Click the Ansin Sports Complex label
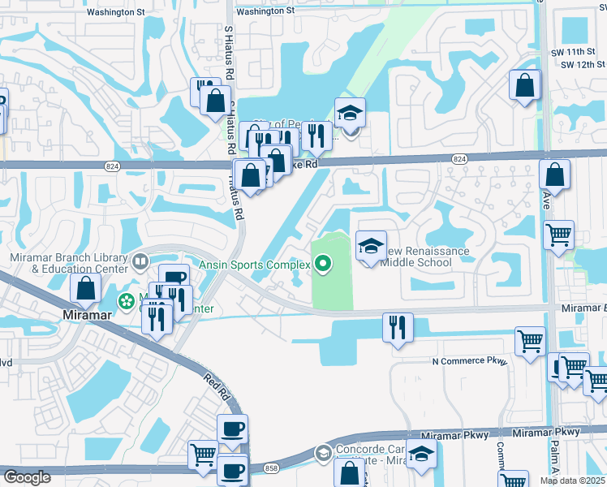coord(255,265)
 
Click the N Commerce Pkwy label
coord(470,360)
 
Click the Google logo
coord(27,477)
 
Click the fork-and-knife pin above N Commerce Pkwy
coord(398,328)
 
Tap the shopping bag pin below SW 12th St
coord(525,84)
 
